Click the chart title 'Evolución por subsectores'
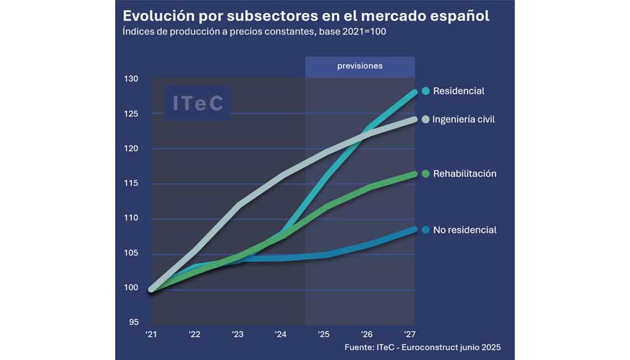tap(306, 16)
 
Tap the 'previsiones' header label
tap(360, 66)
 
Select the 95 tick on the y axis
tap(132, 323)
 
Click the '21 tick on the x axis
tap(152, 335)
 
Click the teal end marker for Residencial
tap(426, 91)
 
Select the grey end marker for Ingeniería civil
tap(426, 120)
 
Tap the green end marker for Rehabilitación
tap(426, 174)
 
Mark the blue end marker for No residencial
tap(426, 230)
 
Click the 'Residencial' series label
tap(459, 91)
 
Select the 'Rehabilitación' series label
tap(464, 174)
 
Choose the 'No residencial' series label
tap(464, 230)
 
